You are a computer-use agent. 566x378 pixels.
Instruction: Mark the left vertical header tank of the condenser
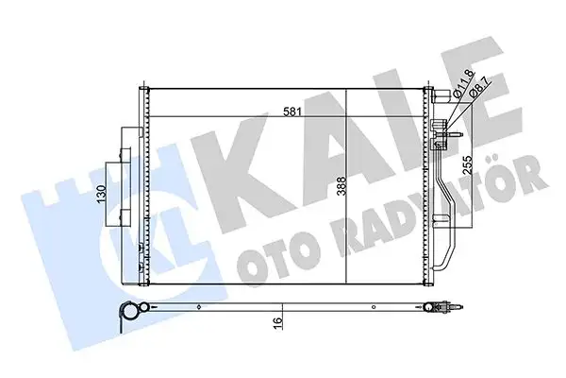point(145,184)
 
